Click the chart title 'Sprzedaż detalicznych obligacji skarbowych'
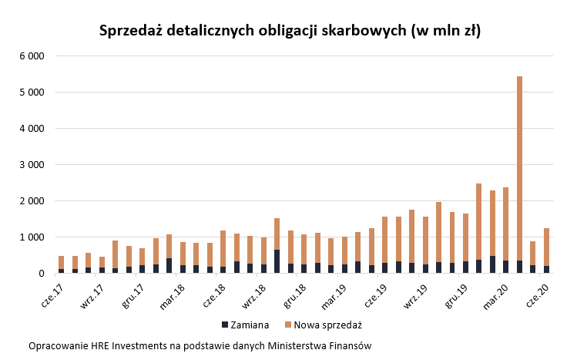(x=290, y=31)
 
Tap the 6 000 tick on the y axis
(x=31, y=56)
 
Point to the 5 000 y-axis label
(x=31, y=93)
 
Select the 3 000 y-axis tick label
(x=31, y=165)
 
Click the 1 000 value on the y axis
(x=31, y=237)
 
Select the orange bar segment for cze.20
(x=546, y=247)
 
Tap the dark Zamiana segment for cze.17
(x=61, y=271)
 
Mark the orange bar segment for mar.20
(x=505, y=224)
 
